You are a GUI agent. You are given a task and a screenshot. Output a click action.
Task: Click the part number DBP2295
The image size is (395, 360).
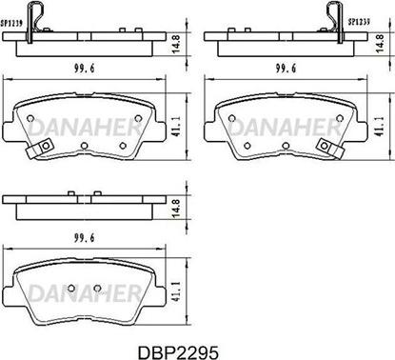click(x=178, y=351)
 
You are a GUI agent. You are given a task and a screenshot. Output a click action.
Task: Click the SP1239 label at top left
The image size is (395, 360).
click(x=11, y=24)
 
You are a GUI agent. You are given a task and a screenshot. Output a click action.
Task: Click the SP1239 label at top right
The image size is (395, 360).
click(x=359, y=22)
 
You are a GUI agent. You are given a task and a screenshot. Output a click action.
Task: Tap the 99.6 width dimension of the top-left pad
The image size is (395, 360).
click(x=85, y=69)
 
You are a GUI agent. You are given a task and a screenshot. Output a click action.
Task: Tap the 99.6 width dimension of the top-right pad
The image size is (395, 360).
click(x=286, y=69)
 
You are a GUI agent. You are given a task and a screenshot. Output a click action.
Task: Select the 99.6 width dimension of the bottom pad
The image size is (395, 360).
click(x=85, y=237)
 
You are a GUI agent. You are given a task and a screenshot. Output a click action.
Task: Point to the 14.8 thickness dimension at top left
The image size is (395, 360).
click(x=175, y=45)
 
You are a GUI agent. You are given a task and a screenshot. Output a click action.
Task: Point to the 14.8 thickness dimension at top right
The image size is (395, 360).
click(x=380, y=44)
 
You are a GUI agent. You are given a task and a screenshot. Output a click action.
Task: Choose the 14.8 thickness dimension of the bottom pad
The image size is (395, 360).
click(x=175, y=209)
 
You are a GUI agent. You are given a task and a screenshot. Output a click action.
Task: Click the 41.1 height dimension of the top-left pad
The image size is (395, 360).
click(x=175, y=127)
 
